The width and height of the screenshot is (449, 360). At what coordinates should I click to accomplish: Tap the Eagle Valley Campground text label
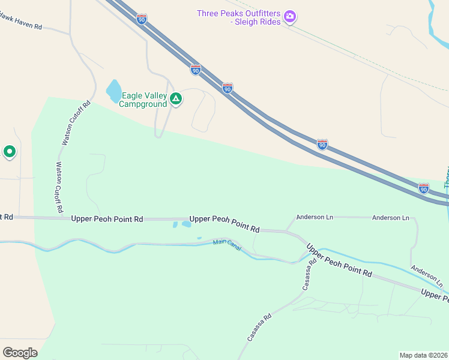click(x=143, y=100)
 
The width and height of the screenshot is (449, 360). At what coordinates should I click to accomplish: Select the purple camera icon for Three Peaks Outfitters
click(x=290, y=17)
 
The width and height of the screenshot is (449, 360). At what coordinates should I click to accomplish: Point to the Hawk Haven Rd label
click(x=21, y=26)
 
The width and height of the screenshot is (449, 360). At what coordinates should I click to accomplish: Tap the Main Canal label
click(x=227, y=245)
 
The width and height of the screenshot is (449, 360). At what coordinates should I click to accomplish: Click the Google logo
click(x=20, y=352)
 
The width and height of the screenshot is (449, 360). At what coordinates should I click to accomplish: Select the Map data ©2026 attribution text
click(x=423, y=355)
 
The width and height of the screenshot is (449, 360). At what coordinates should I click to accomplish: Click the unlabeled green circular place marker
click(x=9, y=152)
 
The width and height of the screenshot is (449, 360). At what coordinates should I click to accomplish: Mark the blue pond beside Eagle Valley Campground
click(x=113, y=92)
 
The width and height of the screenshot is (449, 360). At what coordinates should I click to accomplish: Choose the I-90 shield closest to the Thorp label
click(x=424, y=188)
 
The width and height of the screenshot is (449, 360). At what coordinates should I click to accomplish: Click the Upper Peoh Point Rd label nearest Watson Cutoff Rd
click(x=107, y=219)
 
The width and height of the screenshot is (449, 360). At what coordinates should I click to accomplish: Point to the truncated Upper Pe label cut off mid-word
click(x=435, y=294)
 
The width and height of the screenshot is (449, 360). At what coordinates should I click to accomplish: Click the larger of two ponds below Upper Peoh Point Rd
click(x=186, y=224)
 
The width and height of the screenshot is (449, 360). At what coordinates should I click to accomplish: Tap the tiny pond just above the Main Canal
click(x=199, y=238)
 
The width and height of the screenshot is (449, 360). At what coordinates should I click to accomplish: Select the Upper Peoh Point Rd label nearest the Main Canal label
click(x=224, y=224)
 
